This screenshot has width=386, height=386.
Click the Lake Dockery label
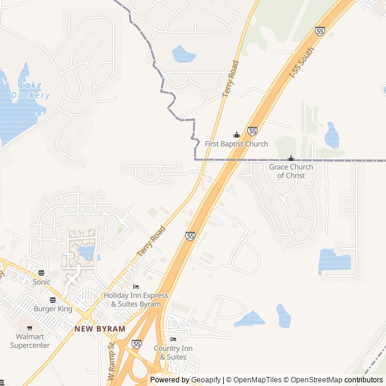(30, 90)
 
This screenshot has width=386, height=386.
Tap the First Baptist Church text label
(236, 144)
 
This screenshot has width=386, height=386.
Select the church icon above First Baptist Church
(236, 135)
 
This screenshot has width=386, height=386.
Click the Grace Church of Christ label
(291, 171)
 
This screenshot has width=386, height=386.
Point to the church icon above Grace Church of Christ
(291, 159)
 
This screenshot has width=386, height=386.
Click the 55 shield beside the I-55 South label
(320, 31)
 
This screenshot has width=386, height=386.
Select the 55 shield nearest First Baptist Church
(252, 131)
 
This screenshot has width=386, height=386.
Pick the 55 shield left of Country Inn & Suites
(137, 344)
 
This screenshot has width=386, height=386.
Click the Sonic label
(42, 282)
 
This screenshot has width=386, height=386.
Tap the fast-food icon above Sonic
(41, 273)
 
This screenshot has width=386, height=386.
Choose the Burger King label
(52, 309)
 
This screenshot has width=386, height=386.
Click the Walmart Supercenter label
(30, 341)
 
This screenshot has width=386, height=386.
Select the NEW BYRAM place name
(100, 329)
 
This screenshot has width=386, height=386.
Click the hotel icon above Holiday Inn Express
(136, 287)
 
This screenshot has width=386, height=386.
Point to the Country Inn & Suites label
(173, 352)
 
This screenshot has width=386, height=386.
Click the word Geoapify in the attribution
(205, 380)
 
